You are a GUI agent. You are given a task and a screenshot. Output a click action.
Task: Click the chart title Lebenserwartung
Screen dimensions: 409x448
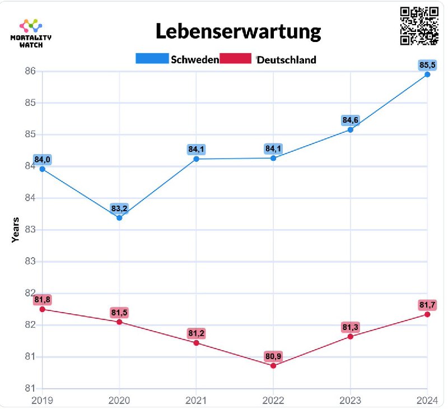pos(238,31)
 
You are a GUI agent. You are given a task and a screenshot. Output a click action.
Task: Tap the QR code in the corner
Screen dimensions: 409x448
pos(419,26)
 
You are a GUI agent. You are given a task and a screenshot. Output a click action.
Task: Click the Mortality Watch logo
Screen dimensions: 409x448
pos(31,33)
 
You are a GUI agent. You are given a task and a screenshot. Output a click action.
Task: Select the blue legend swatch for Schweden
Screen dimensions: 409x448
pos(152,59)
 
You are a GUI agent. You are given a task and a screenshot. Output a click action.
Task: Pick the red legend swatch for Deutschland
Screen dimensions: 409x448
pos(236,59)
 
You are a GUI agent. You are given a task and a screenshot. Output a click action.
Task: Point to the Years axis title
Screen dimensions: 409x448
pos(16,230)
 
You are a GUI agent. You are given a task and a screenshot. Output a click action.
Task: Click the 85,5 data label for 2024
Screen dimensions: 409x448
pos(427,65)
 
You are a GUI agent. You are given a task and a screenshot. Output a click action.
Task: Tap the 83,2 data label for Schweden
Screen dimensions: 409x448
pos(119,208)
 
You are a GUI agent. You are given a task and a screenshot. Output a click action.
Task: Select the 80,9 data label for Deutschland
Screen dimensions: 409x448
pos(273,356)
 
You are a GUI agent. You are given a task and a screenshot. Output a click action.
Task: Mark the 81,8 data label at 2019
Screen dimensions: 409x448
pos(43,299)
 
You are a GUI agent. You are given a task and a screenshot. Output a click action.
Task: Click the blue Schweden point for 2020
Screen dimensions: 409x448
pos(119,217)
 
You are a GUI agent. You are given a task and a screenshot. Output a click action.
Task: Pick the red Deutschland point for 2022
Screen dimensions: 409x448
pos(273,366)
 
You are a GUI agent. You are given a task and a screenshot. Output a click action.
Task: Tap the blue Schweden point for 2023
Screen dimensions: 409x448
pos(351,129)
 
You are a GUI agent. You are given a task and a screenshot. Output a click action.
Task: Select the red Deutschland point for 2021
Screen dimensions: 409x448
pos(197,342)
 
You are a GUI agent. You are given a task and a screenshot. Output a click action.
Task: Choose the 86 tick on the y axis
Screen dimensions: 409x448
pos(29,71)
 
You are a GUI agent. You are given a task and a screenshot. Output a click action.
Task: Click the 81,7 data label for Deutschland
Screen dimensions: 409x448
pos(427,305)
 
